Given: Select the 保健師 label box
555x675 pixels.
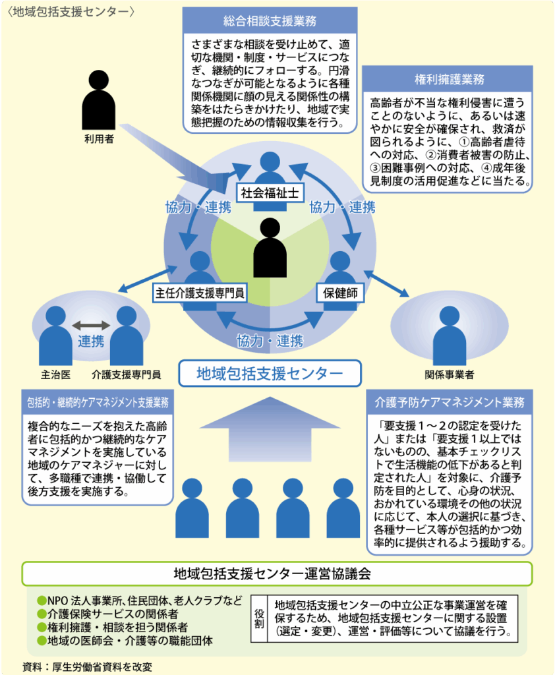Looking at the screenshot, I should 340,291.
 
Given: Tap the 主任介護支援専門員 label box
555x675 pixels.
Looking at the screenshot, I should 199,291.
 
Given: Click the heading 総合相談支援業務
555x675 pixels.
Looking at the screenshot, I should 270,20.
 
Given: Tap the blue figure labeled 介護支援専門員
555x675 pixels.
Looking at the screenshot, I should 127,336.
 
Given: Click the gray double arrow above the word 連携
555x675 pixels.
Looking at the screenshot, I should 91,325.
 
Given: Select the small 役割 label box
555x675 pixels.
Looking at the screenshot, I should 260,616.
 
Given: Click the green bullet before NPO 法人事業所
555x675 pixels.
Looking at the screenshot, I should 42,600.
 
